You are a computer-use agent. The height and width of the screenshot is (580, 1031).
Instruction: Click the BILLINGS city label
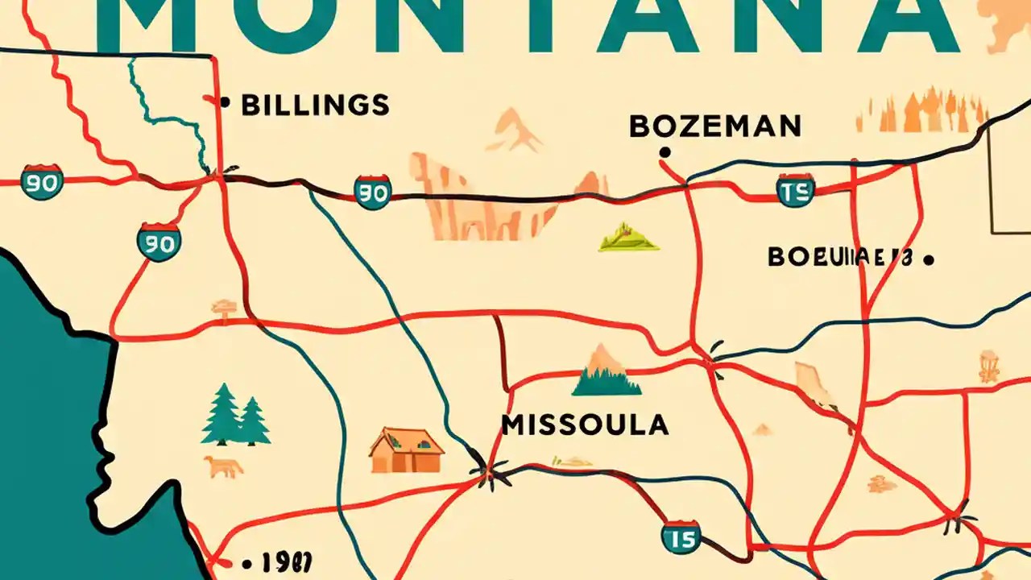[316, 105]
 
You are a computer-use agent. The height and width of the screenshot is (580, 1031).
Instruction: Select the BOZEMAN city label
[714, 126]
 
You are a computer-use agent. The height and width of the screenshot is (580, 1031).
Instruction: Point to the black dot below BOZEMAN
[665, 151]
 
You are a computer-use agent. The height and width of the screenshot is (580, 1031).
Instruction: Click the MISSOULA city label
[585, 424]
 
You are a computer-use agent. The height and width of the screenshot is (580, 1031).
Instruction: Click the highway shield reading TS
[796, 189]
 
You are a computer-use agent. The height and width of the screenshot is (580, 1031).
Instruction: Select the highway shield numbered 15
[681, 536]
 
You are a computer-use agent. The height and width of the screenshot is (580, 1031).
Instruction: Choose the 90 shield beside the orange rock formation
[373, 192]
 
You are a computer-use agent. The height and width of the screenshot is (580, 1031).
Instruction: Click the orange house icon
[407, 450]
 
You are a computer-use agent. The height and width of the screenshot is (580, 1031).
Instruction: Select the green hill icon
[628, 238]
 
